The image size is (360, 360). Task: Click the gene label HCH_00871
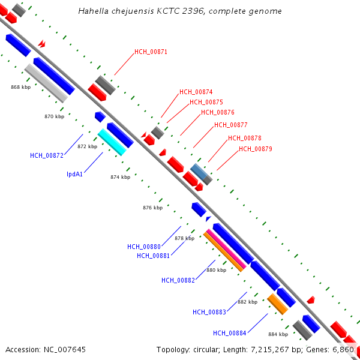pyautogui.click(x=151, y=52)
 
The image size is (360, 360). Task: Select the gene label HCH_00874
pyautogui.click(x=196, y=92)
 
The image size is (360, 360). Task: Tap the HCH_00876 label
pyautogui.click(x=217, y=113)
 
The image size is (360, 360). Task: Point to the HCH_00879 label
pyautogui.click(x=256, y=149)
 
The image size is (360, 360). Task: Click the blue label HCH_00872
pyautogui.click(x=47, y=156)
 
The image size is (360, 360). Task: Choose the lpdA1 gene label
pyautogui.click(x=74, y=175)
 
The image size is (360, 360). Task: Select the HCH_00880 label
pyautogui.click(x=144, y=247)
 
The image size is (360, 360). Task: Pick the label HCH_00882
pyautogui.click(x=178, y=280)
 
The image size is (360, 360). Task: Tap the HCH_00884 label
pyautogui.click(x=230, y=334)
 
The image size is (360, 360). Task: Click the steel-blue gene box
pyautogui.click(x=199, y=171)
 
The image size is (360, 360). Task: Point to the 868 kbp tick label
pyautogui.click(x=20, y=88)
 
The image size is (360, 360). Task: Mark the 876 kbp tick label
pyautogui.click(x=152, y=208)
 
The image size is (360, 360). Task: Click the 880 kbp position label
pyautogui.click(x=216, y=271)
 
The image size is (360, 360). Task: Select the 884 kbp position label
pyautogui.click(x=278, y=334)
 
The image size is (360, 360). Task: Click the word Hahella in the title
pyautogui.click(x=92, y=11)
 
